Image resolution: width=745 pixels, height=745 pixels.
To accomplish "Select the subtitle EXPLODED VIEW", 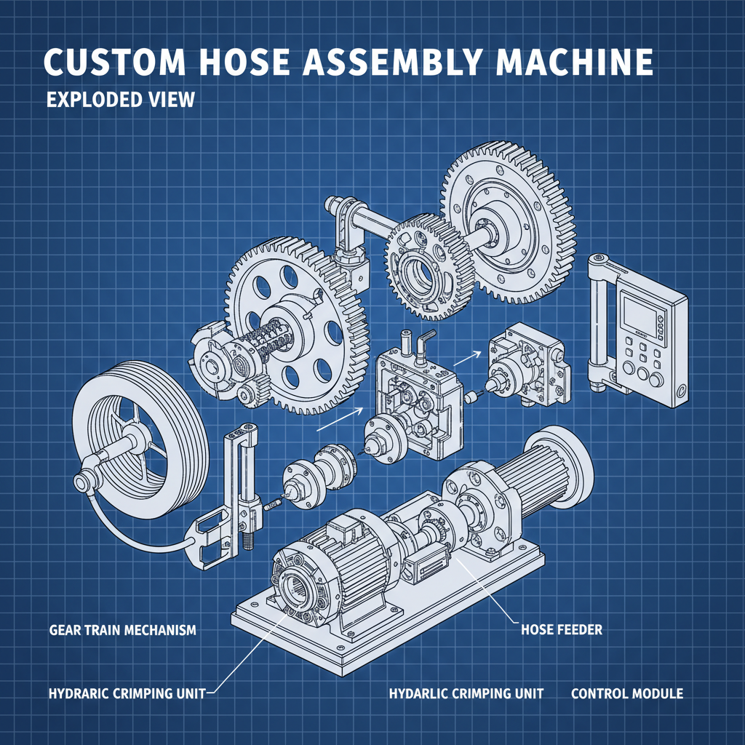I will pyautogui.click(x=121, y=100).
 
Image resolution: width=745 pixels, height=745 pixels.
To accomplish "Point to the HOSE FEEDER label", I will pyautogui.click(x=561, y=629).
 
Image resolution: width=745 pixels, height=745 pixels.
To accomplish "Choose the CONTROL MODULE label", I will pyautogui.click(x=626, y=693).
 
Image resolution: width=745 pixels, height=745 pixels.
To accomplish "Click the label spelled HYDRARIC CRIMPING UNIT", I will pyautogui.click(x=127, y=693).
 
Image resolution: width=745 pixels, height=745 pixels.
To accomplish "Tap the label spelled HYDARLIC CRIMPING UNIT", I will pyautogui.click(x=466, y=693).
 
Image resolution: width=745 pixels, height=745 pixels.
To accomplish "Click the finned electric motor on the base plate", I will pyautogui.click(x=349, y=553).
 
